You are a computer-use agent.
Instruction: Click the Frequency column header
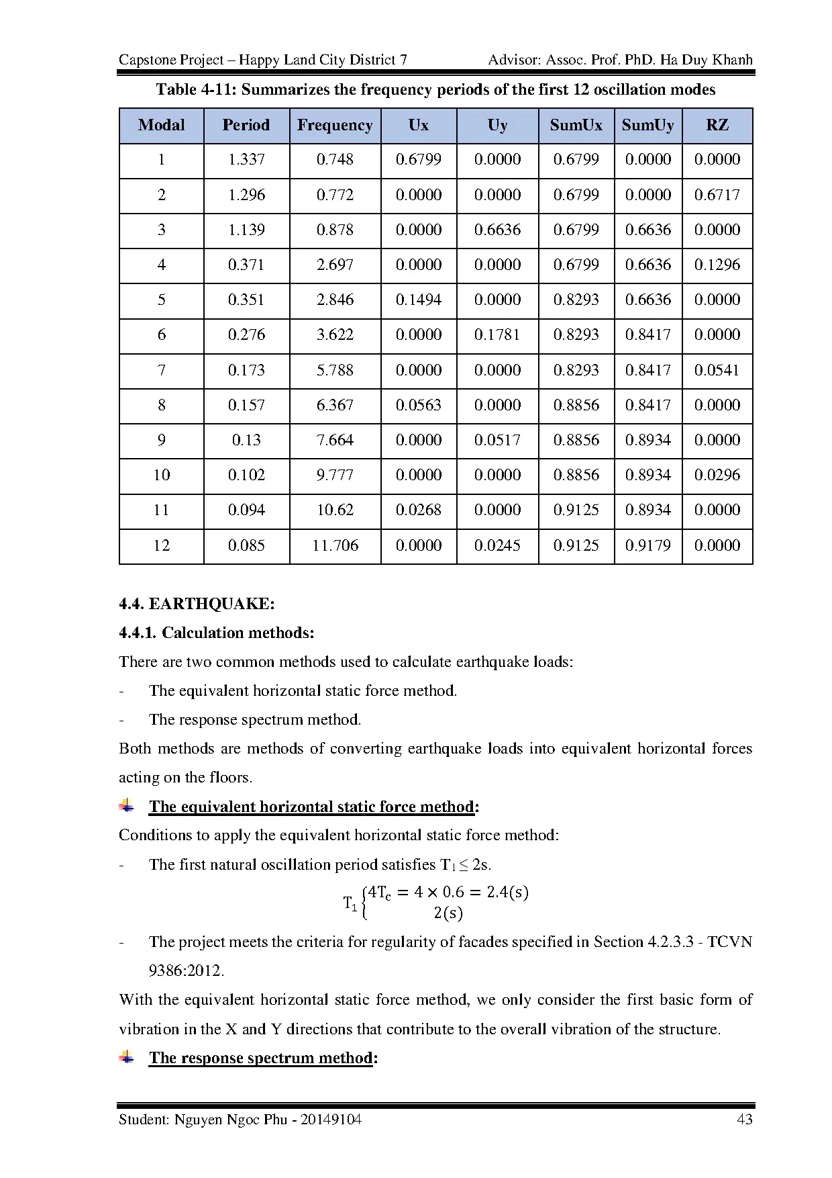click(335, 126)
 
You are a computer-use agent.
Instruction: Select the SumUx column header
click(576, 126)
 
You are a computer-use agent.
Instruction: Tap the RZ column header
click(717, 126)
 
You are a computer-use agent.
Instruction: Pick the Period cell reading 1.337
click(246, 160)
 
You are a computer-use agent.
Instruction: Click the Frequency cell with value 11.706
click(335, 545)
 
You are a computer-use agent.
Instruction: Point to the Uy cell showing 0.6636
click(497, 230)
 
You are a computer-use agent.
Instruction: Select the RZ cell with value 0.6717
click(717, 195)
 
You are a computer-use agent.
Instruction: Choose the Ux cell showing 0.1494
click(418, 300)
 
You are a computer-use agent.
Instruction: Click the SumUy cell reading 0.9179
click(647, 545)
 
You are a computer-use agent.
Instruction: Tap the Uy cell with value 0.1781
click(497, 334)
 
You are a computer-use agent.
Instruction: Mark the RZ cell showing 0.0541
click(717, 370)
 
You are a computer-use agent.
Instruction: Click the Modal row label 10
click(162, 475)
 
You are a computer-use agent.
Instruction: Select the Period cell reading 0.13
click(246, 440)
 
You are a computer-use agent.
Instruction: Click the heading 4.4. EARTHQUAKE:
click(197, 604)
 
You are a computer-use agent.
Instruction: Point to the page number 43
click(744, 1119)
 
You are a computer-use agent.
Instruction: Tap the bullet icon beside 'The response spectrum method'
click(126, 1057)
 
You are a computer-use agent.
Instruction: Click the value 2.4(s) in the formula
click(507, 893)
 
